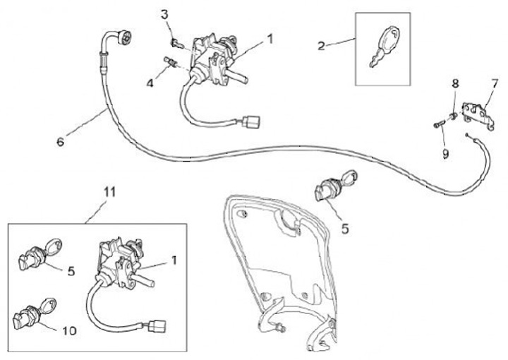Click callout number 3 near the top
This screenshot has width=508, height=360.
(x=164, y=14)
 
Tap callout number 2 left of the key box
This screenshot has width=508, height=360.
(x=321, y=47)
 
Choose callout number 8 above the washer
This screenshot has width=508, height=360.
(x=455, y=83)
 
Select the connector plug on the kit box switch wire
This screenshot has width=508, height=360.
(x=156, y=326)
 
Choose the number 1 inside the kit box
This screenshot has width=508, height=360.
(x=173, y=259)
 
